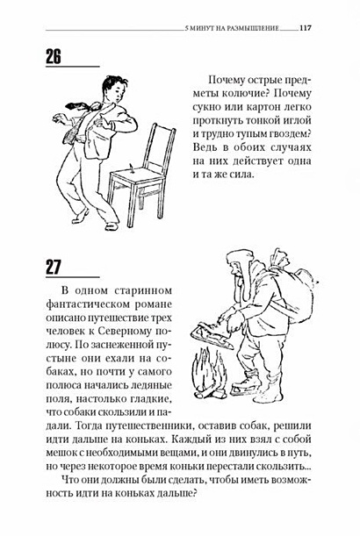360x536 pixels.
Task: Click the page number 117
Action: click(306, 28)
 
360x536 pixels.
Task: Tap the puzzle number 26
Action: click(53, 57)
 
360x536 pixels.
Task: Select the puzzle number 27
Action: click(53, 267)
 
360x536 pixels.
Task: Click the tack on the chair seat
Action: click(131, 168)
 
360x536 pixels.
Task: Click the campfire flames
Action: click(209, 373)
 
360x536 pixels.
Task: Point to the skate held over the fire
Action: click(211, 334)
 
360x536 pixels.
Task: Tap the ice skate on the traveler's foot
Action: click(245, 386)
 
